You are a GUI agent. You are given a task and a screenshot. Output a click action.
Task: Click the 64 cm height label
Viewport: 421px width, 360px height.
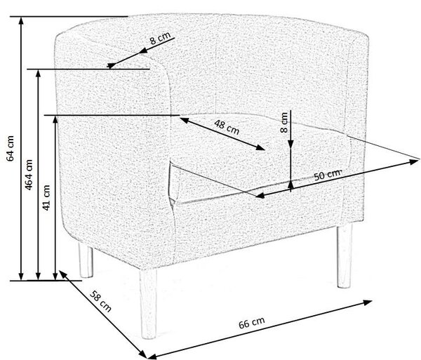pyautogui.click(x=11, y=149)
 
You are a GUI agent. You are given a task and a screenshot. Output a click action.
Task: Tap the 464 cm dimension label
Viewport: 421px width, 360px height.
pyautogui.click(x=29, y=175)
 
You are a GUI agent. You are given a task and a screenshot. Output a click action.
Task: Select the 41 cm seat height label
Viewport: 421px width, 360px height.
pyautogui.click(x=46, y=198)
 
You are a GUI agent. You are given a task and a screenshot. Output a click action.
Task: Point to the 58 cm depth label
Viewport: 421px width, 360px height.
pyautogui.click(x=100, y=301)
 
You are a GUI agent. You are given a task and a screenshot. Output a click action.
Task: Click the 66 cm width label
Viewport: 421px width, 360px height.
pyautogui.click(x=252, y=323)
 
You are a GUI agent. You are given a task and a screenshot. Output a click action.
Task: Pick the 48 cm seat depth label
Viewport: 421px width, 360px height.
pyautogui.click(x=227, y=127)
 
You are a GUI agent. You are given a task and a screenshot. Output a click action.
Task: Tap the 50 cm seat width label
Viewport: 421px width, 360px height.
pyautogui.click(x=327, y=175)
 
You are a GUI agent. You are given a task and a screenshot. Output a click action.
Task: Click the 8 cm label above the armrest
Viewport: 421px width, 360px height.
pyautogui.click(x=160, y=38)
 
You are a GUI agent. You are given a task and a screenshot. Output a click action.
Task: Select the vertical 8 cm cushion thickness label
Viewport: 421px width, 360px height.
pyautogui.click(x=283, y=122)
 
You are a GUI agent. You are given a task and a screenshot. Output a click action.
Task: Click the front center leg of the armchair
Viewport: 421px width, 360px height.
pyautogui.click(x=148, y=304)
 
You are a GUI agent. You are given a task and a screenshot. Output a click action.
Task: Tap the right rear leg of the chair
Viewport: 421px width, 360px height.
pyautogui.click(x=345, y=256)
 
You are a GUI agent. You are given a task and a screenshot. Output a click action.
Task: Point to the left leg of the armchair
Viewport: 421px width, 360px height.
pyautogui.click(x=86, y=260)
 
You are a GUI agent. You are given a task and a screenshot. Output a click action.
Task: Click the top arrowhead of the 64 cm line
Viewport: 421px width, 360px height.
pyautogui.click(x=21, y=20)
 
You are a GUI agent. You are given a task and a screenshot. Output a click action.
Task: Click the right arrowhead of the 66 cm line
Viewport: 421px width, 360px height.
pyautogui.click(x=368, y=302)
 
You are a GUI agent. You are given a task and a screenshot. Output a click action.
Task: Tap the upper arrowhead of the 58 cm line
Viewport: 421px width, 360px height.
pyautogui.click(x=62, y=274)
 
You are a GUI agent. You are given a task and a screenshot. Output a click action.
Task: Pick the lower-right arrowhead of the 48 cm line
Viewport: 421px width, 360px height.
pyautogui.click(x=260, y=147)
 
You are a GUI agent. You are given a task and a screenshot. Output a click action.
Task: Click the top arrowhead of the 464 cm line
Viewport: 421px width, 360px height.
pyautogui.click(x=38, y=74)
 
